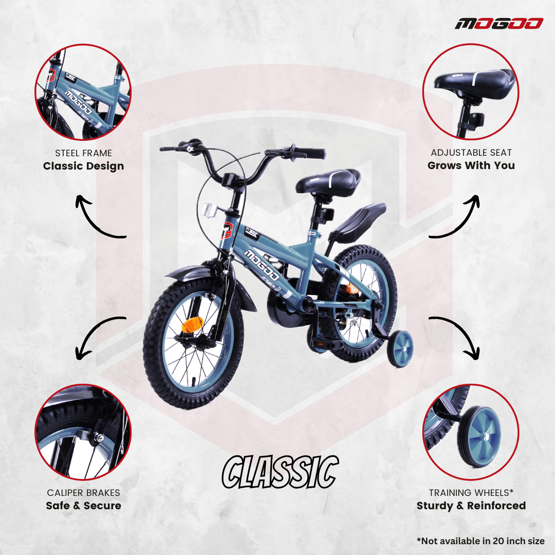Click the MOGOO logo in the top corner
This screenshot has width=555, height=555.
[498, 24]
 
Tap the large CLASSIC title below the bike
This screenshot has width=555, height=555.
[281, 472]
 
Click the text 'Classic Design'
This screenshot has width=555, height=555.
[83, 166]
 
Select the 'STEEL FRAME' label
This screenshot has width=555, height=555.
[83, 153]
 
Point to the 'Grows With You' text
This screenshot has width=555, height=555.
[471, 165]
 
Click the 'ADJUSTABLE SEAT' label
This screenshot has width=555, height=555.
[471, 153]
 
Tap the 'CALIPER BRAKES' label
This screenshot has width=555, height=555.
[83, 493]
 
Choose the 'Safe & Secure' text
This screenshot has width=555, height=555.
[83, 506]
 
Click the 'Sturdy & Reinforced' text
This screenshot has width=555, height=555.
[471, 506]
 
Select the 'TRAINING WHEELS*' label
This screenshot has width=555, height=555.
[471, 493]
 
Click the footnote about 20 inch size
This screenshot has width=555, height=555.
[480, 541]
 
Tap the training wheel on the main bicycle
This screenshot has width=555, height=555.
[399, 348]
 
